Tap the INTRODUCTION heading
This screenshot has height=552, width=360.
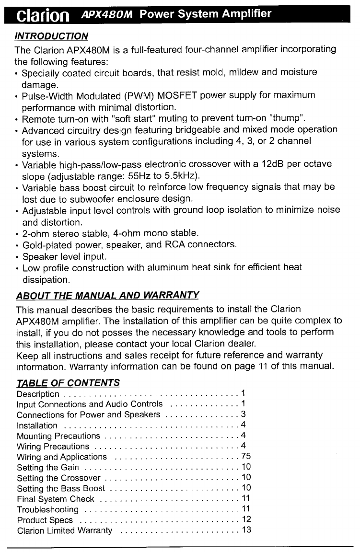click(x=52, y=36)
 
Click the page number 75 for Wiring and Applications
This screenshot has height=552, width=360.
click(x=246, y=456)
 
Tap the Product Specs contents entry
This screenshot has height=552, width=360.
click(x=45, y=520)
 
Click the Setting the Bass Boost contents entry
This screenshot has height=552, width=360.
click(x=60, y=488)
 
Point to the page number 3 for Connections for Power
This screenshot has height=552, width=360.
click(x=244, y=414)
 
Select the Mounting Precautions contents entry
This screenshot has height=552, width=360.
click(x=58, y=436)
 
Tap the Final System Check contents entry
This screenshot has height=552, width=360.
click(x=55, y=499)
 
